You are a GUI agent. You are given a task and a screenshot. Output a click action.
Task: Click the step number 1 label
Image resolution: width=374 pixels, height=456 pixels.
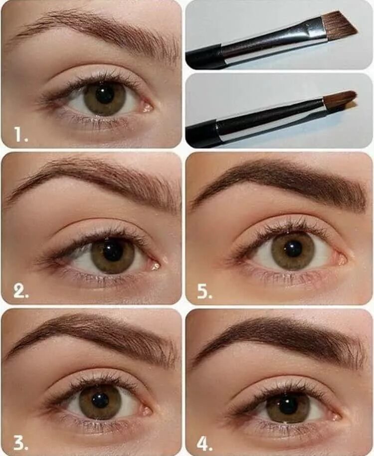(21, 135)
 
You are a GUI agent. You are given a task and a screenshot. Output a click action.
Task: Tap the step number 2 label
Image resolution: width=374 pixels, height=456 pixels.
(21, 292)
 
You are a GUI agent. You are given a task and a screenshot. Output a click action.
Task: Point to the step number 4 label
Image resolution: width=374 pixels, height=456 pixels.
(204, 444)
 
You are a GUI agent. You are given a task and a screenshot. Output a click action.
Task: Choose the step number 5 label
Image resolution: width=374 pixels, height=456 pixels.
(205, 292)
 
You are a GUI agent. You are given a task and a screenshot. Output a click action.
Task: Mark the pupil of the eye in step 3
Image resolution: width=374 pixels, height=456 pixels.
(100, 401)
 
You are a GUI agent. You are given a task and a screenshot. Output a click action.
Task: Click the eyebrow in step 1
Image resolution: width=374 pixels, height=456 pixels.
(96, 32)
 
